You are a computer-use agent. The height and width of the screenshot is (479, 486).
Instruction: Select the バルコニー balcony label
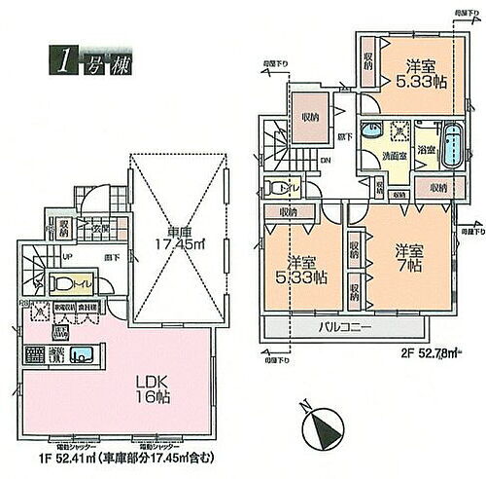(345, 330)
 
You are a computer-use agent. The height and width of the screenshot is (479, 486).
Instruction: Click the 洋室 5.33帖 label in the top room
(421, 75)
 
